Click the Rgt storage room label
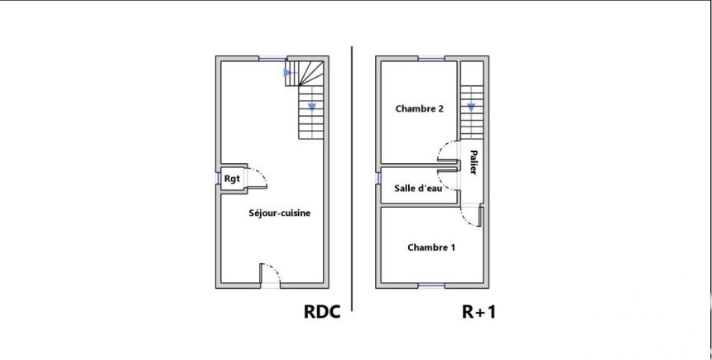pos(232,178)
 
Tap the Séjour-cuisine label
pos(280,214)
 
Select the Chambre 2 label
pos(420,108)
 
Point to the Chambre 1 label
pos(431,247)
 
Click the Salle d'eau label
pos(418,188)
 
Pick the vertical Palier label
pos(473,161)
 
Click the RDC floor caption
pos(322,312)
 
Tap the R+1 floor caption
pos(479,312)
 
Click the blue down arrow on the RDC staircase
pos(311,106)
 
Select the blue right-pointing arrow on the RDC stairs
pos(288,73)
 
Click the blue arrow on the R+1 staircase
pos(471,107)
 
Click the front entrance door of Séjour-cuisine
pos(271,276)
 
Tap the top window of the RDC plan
pos(272,58)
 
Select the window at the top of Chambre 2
pos(431,58)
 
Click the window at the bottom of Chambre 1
pos(431,286)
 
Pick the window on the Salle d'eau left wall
pos(378,176)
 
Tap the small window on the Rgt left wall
pos(219,178)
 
